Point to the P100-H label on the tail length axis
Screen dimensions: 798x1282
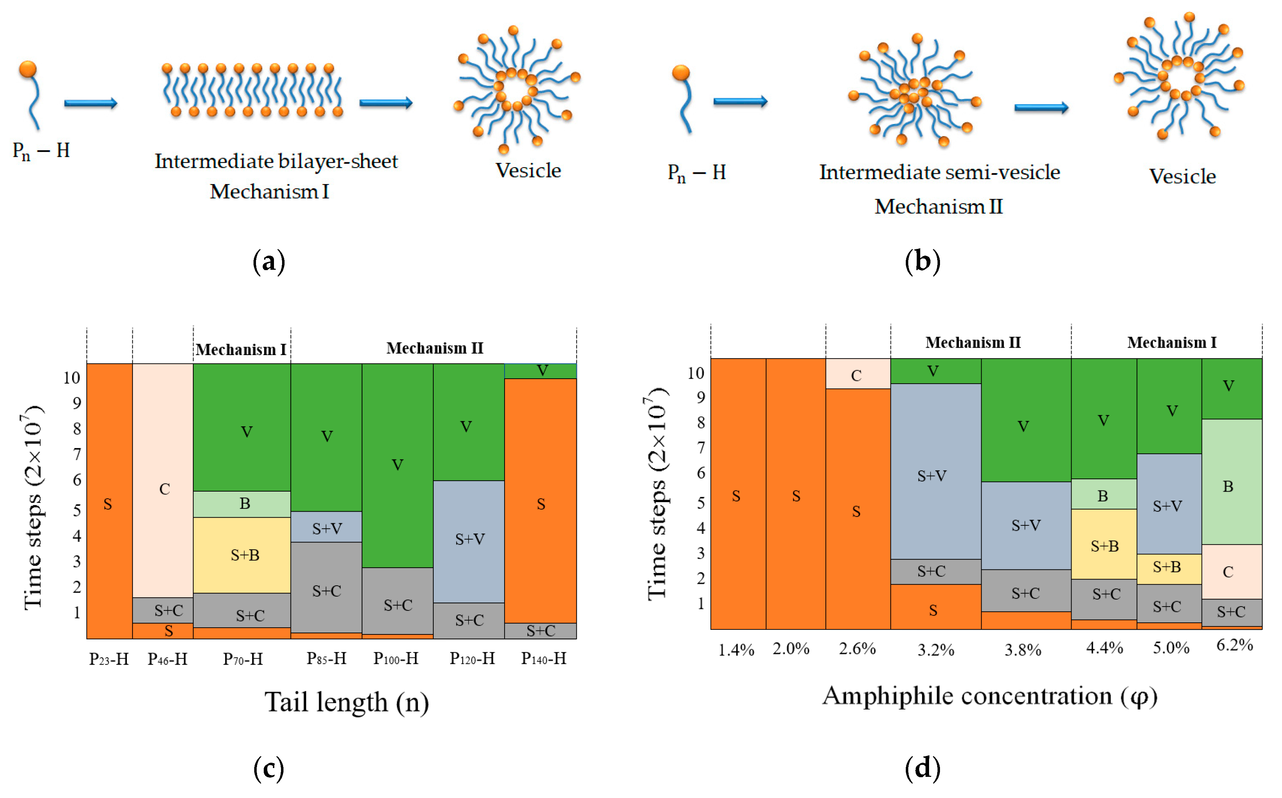(396, 659)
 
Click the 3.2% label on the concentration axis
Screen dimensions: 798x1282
(935, 650)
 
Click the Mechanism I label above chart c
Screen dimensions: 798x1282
(241, 349)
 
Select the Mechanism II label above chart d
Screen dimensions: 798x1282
(972, 342)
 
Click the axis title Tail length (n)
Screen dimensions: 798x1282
(347, 702)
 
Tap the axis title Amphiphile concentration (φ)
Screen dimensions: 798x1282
(990, 696)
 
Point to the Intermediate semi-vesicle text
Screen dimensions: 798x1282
(939, 172)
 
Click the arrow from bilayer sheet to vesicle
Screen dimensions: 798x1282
(386, 103)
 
